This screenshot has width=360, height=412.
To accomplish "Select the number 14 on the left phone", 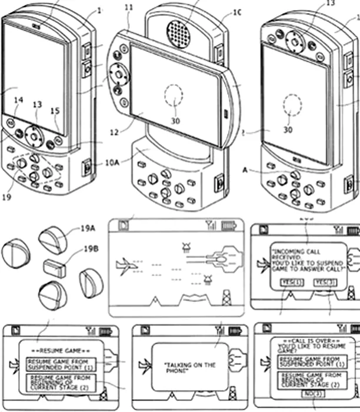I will (18, 101).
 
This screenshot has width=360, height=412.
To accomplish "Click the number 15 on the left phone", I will (56, 111).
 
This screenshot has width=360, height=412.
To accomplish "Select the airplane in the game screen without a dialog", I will (126, 265).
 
